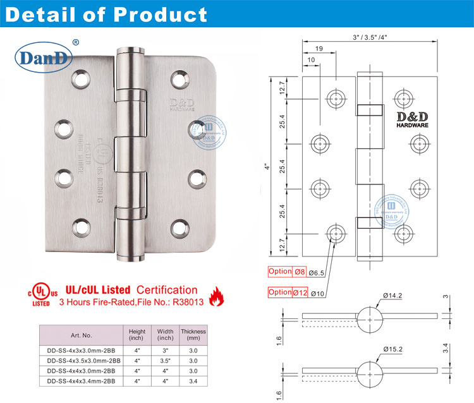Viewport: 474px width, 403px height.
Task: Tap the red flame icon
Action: pos(216,295)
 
